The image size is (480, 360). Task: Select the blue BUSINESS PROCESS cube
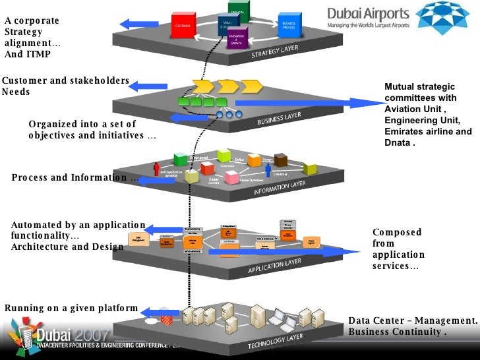(x=289, y=25)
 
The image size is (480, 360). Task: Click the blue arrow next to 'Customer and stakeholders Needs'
(x=149, y=85)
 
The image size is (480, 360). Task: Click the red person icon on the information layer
(x=156, y=169)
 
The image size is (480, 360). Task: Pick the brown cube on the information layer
(x=281, y=160)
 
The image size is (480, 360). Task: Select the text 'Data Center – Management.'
(x=412, y=321)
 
